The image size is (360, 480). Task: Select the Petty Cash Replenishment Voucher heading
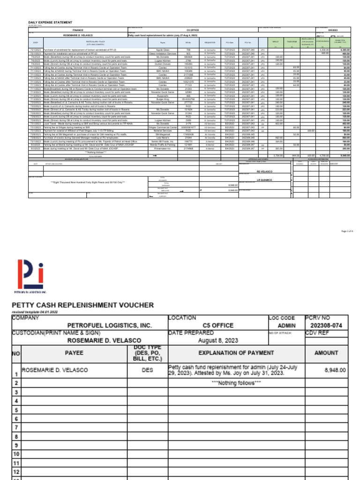point(82,305)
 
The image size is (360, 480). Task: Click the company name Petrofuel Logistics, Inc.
point(109,325)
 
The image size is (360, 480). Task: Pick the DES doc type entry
point(147,370)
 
